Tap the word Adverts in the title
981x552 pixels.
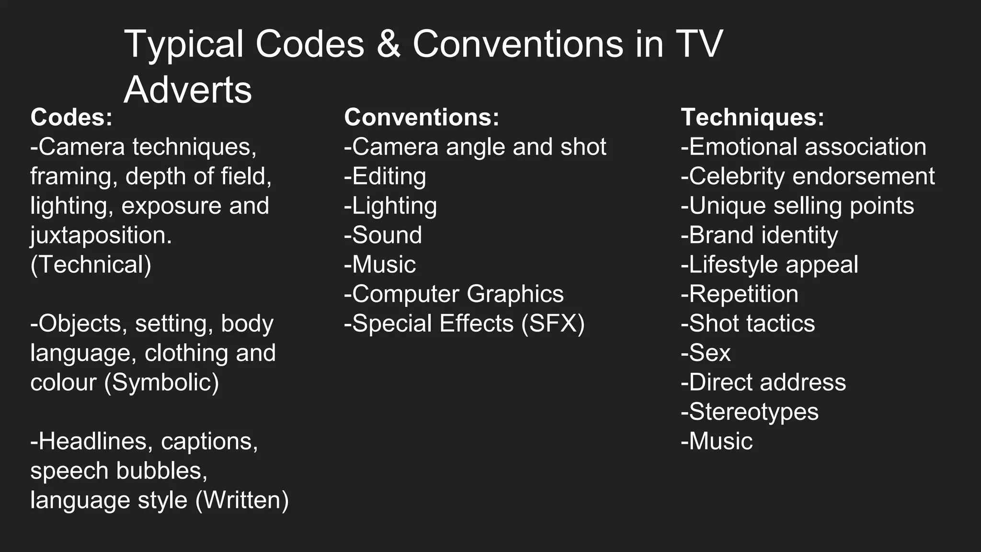(x=188, y=90)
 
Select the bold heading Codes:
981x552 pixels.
(x=71, y=117)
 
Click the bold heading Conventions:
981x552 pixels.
(x=422, y=117)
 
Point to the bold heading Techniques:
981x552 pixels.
(x=753, y=117)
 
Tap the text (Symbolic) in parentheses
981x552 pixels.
(x=161, y=383)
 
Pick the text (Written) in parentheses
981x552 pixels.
(x=242, y=500)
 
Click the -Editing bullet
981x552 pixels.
(x=385, y=176)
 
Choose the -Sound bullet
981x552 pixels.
(x=383, y=235)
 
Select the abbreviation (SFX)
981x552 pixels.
(x=553, y=323)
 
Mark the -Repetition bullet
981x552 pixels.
(x=740, y=294)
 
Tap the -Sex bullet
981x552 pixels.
(x=706, y=353)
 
